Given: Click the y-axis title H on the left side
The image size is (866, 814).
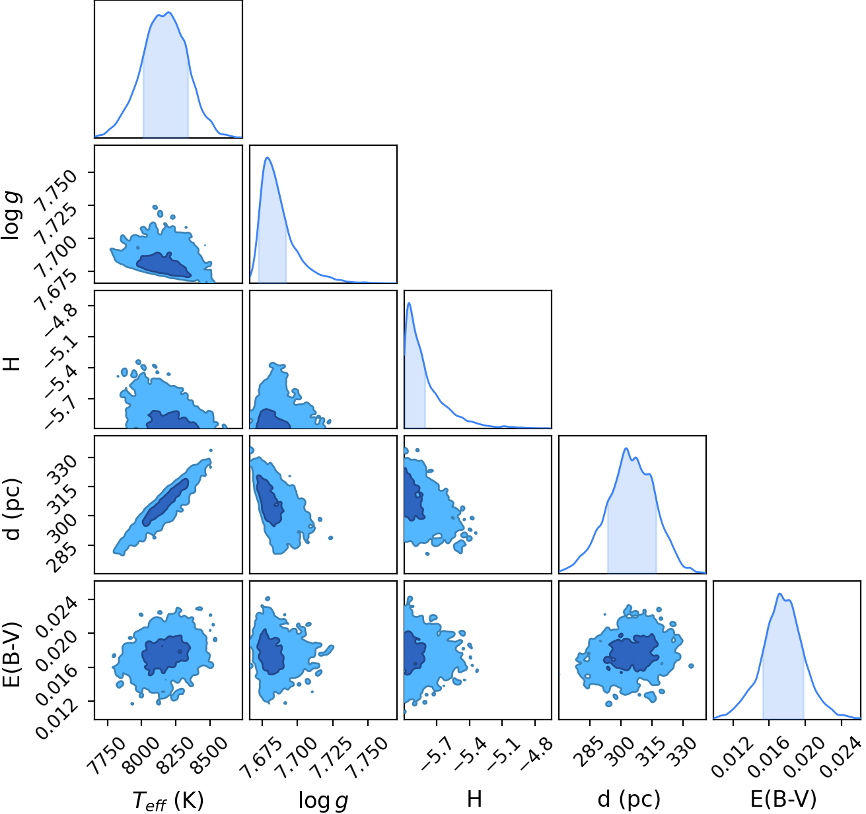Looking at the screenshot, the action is (x=13, y=364).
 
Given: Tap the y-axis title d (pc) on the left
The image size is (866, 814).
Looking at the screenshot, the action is (x=13, y=509).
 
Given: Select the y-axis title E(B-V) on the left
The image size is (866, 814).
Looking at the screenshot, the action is (x=13, y=654).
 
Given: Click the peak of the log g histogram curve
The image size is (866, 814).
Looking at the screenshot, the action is (x=268, y=157).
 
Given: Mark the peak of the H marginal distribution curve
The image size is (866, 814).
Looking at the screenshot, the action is (x=409, y=303).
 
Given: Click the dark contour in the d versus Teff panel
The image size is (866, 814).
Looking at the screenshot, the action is (x=165, y=502).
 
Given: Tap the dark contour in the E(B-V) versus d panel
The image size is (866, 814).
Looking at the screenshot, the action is (x=632, y=653).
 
